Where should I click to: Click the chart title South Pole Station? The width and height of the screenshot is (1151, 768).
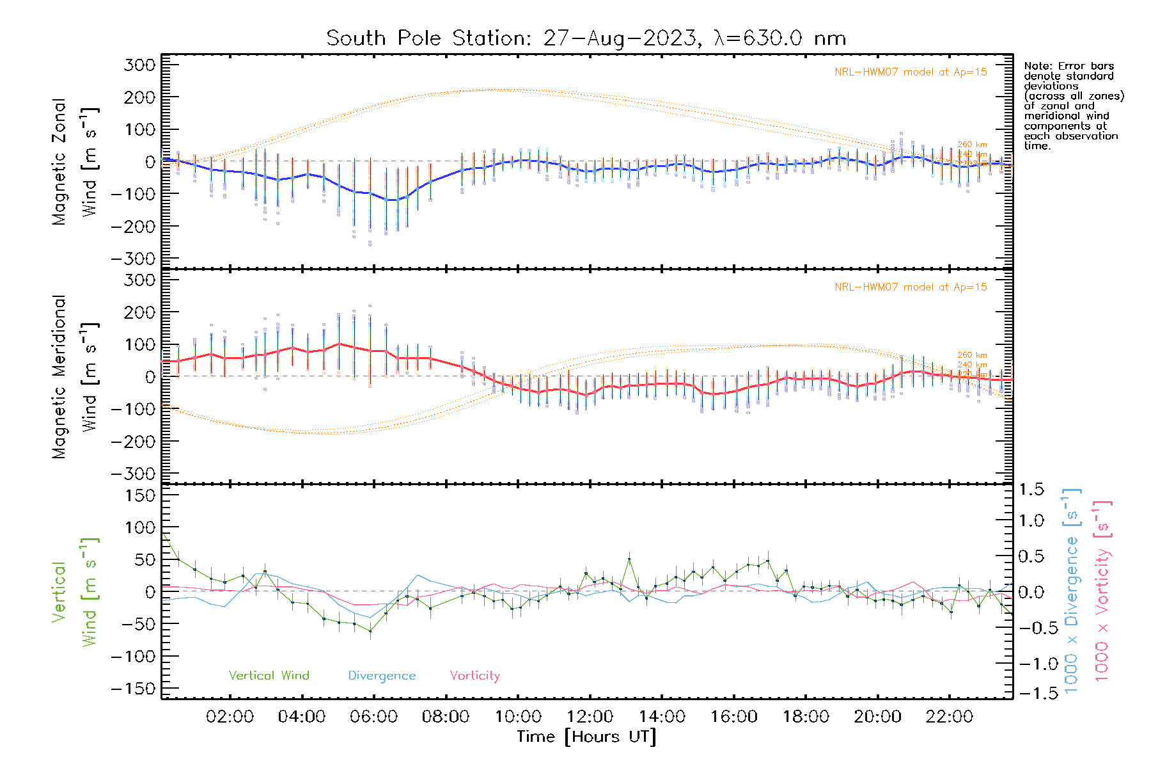click(x=586, y=38)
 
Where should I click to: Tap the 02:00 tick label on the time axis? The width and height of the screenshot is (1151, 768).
click(x=230, y=717)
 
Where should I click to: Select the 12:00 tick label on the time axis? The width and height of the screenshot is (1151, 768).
click(x=590, y=717)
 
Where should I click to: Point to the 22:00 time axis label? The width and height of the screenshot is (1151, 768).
click(x=950, y=717)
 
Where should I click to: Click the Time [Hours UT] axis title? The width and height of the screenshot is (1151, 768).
click(x=586, y=737)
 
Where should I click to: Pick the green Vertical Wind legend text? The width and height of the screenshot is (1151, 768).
click(x=269, y=675)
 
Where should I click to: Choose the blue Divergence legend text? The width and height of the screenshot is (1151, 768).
click(x=382, y=675)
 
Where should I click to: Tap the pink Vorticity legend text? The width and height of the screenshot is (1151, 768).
click(x=474, y=675)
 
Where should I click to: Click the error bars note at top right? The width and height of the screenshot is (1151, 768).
click(x=1073, y=106)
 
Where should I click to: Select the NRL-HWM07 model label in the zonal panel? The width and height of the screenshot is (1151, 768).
click(x=911, y=72)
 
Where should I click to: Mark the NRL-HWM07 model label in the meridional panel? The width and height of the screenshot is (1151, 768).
click(x=911, y=287)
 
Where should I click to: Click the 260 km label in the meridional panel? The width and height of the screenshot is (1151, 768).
click(x=972, y=355)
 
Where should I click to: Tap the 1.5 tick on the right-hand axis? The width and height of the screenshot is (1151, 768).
click(x=1031, y=490)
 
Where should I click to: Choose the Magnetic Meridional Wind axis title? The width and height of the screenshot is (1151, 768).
click(x=74, y=378)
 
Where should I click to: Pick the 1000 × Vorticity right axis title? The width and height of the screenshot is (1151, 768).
click(x=1102, y=591)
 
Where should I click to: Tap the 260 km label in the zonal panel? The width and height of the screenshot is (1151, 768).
click(x=972, y=145)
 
